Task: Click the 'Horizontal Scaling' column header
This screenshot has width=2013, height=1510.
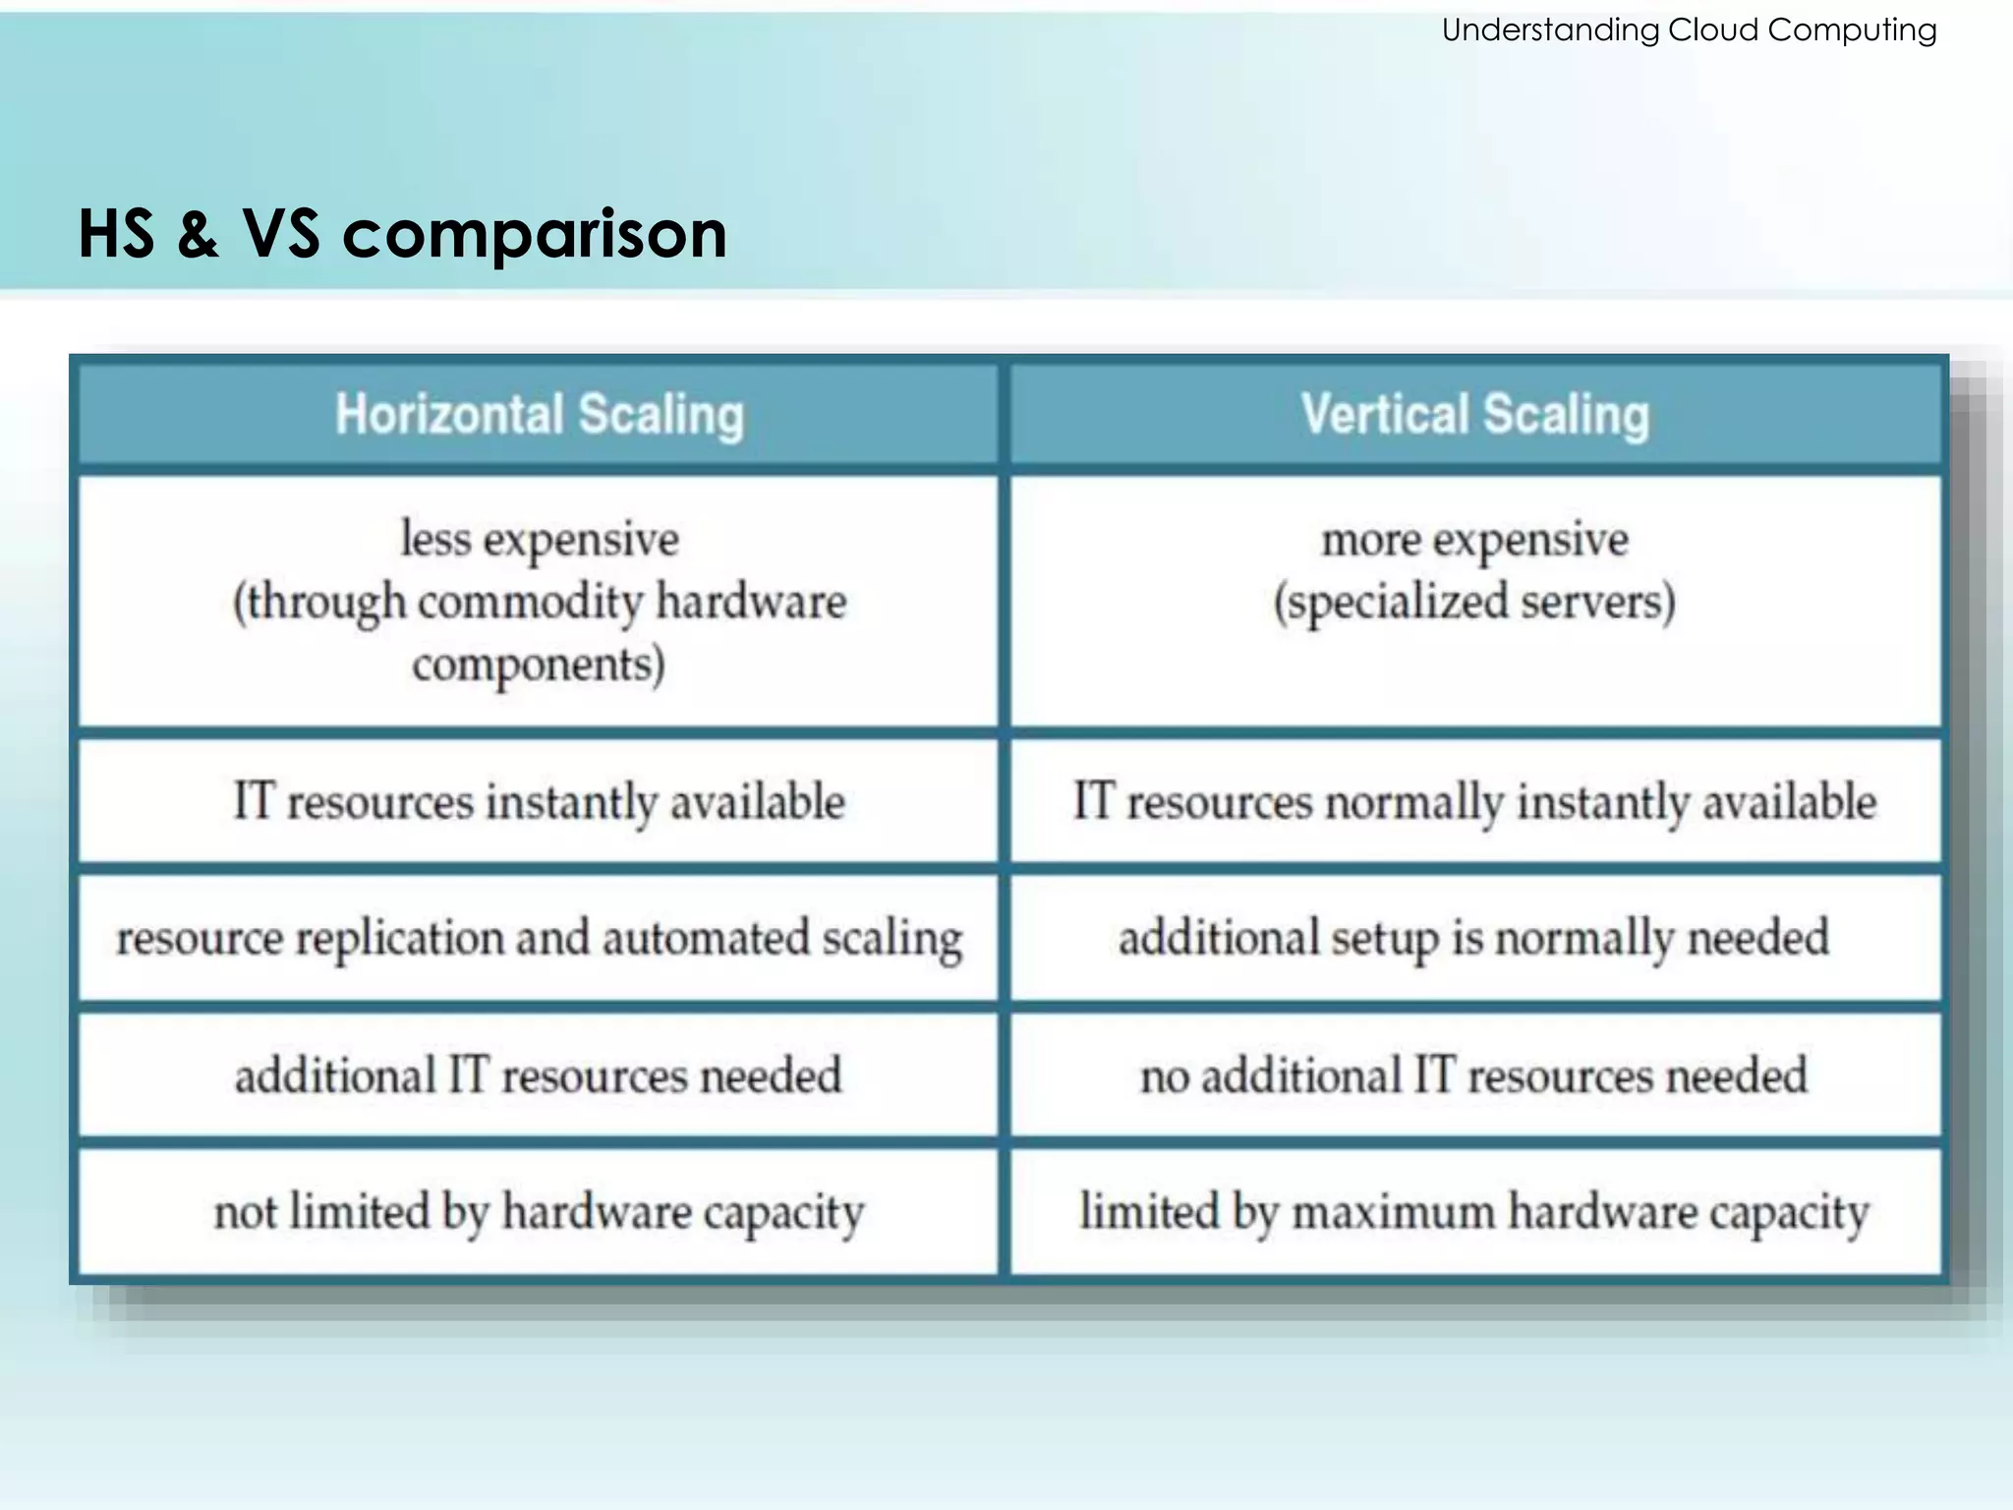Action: (539, 414)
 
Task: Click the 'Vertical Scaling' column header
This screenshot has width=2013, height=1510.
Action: (1474, 414)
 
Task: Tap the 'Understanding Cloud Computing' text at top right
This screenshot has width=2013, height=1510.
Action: (1689, 30)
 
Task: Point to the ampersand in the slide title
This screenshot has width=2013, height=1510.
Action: (198, 235)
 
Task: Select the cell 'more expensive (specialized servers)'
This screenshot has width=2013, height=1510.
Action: (1474, 571)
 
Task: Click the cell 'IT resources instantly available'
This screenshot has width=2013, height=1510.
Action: (539, 801)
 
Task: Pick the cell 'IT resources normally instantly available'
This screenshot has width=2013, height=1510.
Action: (1474, 801)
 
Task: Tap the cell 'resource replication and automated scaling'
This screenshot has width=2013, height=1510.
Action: (539, 938)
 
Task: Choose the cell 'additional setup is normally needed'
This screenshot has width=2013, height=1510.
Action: (1474, 938)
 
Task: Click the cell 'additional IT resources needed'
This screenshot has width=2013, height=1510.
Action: (539, 1075)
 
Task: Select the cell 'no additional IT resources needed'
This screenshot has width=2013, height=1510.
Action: (1474, 1075)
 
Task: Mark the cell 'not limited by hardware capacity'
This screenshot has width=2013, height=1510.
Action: (539, 1212)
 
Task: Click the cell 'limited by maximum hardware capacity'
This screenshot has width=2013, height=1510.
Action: (1474, 1212)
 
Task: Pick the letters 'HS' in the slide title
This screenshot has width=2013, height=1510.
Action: (116, 235)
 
